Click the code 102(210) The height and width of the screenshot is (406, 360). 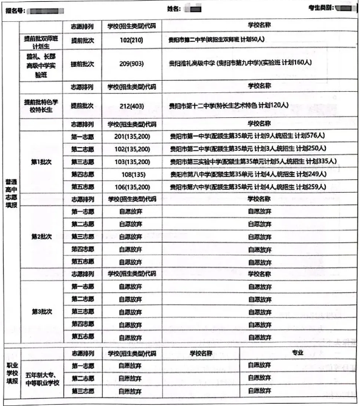pos(132,40)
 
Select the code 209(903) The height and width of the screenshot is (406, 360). pos(132,63)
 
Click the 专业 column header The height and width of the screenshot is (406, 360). pos(297,353)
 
